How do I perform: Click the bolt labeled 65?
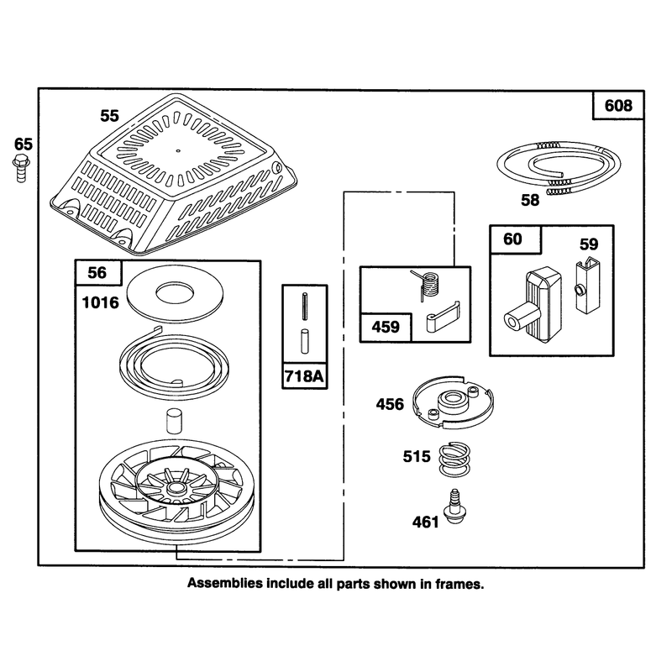point(21,169)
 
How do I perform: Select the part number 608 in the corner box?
point(618,106)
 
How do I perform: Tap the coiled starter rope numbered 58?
point(559,167)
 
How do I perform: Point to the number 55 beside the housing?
point(109,116)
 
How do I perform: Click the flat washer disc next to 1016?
point(175,296)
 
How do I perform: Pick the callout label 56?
point(97,272)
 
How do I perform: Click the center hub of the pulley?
point(175,488)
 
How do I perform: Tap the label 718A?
point(304,376)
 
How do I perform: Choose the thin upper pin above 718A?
point(305,306)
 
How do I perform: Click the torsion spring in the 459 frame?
point(427,283)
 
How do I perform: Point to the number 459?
point(386,328)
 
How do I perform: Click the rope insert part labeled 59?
point(585,286)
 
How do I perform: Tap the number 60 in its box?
point(512,239)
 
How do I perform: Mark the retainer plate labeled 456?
point(453,402)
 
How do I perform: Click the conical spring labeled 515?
point(454,459)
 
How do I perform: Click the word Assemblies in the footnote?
point(225,583)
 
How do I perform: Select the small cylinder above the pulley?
point(174,423)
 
